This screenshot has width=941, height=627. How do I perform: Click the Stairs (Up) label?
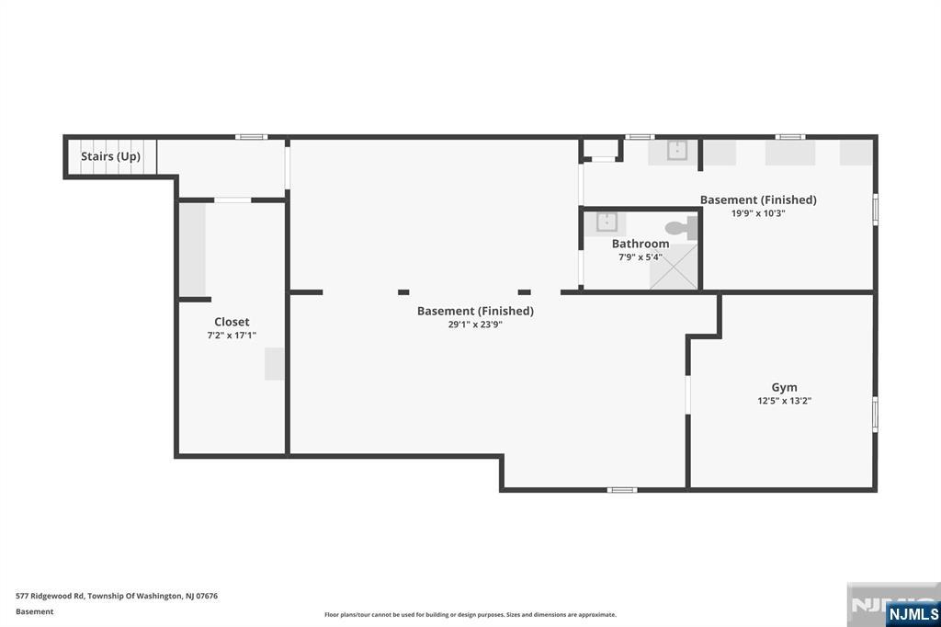coord(110,156)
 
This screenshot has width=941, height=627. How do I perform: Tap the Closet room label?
coord(232,322)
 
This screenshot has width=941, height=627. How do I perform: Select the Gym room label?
coord(785,388)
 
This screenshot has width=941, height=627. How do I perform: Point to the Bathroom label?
coord(641,244)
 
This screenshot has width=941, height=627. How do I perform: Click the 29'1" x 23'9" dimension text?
coord(475,325)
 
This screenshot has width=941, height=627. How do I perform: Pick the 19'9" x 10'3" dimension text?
coord(758,213)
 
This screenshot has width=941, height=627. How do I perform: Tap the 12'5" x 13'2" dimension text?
coord(785,401)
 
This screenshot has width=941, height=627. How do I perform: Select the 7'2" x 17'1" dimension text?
coord(232,336)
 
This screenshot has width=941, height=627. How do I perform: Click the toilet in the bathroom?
coord(682,228)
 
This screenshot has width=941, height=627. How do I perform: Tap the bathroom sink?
coord(607,222)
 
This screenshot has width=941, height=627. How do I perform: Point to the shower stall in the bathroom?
coord(674,267)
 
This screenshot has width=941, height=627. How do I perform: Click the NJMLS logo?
coord(913,614)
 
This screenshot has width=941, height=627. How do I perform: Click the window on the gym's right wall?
coord(875,415)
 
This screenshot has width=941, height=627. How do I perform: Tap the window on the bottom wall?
coord(622,490)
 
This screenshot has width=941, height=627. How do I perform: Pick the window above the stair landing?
coord(252,137)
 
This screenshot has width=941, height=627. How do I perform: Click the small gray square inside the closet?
coord(275,364)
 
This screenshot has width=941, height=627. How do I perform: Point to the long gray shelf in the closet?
coord(193,250)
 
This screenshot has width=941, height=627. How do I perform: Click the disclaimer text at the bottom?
coord(470,615)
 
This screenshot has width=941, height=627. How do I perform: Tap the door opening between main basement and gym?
coord(687,395)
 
